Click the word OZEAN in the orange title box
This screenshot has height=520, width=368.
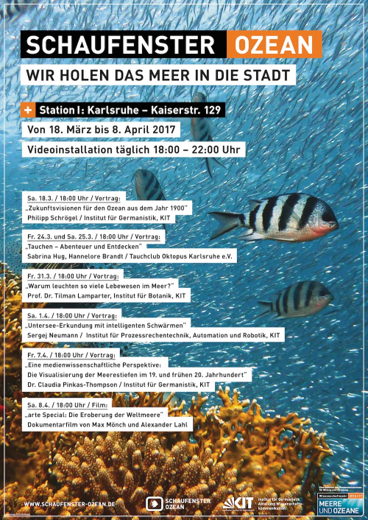[274, 46]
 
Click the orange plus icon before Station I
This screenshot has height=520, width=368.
[29, 110]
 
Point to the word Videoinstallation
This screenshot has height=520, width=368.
[72, 150]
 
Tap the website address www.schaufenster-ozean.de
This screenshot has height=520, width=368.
[70, 504]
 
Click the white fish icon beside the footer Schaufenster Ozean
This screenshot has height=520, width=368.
[154, 504]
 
